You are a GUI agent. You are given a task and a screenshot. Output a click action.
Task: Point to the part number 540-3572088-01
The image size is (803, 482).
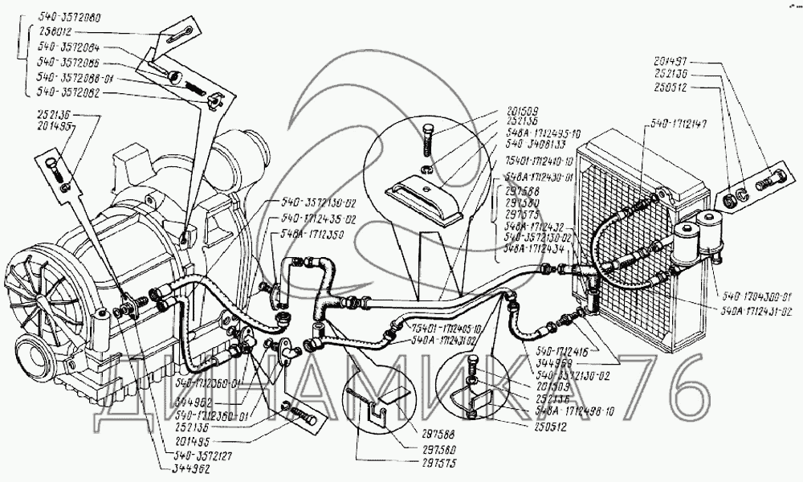[73, 78]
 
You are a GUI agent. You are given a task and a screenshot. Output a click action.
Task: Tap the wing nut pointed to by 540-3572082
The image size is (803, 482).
[212, 101]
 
